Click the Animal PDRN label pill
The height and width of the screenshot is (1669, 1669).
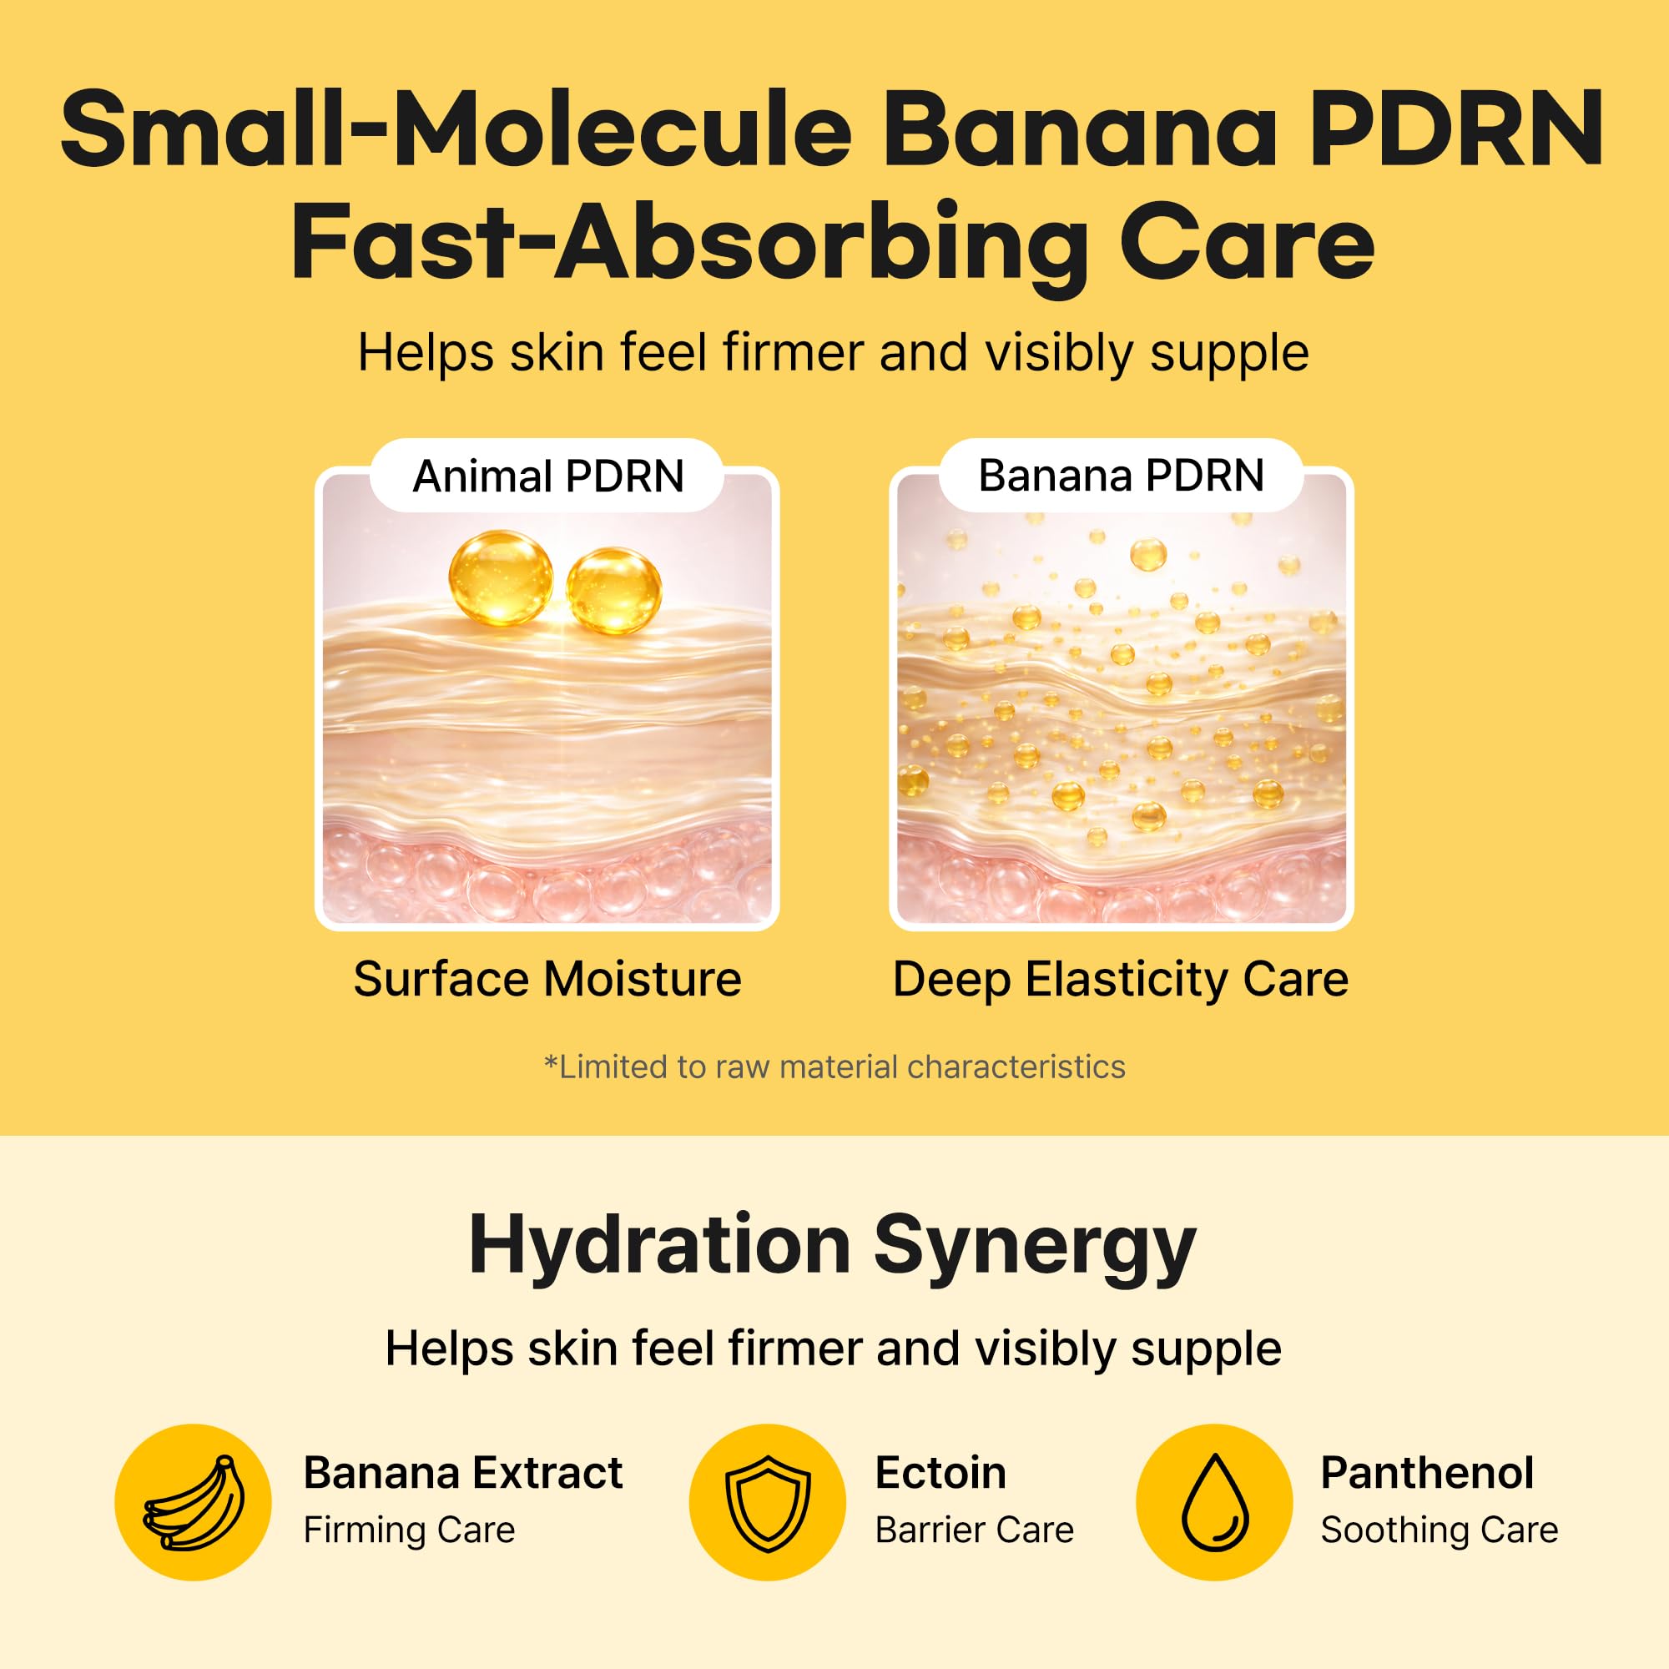click(x=547, y=476)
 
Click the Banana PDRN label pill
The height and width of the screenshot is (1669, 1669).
click(x=1122, y=475)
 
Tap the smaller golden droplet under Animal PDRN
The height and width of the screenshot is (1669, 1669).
click(x=613, y=591)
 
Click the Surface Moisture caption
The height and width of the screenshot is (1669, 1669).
click(x=547, y=980)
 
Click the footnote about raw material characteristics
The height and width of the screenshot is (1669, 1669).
click(x=834, y=1066)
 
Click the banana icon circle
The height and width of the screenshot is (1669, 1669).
click(x=193, y=1502)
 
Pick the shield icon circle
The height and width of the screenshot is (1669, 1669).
click(x=767, y=1502)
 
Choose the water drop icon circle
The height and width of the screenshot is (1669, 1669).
click(x=1213, y=1502)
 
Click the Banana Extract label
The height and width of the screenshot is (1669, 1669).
click(x=463, y=1473)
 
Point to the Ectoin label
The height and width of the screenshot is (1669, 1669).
click(x=940, y=1473)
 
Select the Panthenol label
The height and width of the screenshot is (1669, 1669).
click(x=1427, y=1473)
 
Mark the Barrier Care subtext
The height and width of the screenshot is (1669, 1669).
click(x=975, y=1530)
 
